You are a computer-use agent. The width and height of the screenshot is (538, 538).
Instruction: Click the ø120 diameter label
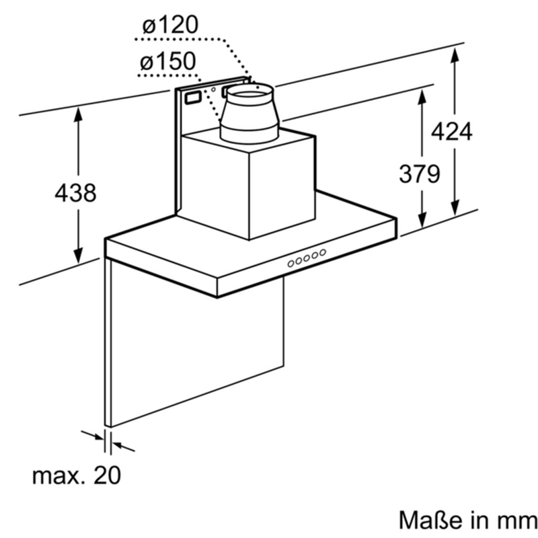[171, 25]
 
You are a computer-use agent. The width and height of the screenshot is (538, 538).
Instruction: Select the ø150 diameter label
[168, 61]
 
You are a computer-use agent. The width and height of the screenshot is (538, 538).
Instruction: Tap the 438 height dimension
[75, 192]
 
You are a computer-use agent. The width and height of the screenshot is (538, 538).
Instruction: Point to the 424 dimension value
[451, 131]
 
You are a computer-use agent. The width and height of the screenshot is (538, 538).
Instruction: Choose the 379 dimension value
[419, 174]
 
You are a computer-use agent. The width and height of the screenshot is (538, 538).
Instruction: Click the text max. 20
[77, 475]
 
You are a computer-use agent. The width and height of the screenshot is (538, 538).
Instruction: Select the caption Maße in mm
[468, 520]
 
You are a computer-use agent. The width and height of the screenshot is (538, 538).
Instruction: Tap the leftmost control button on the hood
[291, 264]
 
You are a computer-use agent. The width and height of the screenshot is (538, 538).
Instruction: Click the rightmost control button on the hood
[323, 253]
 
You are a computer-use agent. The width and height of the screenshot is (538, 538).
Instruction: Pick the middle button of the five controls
[307, 258]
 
